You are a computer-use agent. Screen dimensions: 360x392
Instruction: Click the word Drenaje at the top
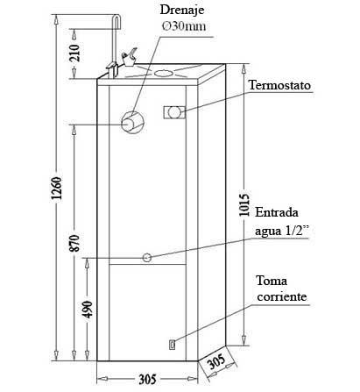click(182, 11)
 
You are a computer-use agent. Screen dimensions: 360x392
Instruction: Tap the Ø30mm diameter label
click(184, 26)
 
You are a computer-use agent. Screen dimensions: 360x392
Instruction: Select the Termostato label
click(279, 86)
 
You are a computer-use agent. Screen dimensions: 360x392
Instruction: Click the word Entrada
click(277, 212)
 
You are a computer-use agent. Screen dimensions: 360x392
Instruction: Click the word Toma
click(272, 281)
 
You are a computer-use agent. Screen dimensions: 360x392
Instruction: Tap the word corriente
click(282, 296)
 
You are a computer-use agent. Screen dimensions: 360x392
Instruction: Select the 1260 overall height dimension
click(56, 188)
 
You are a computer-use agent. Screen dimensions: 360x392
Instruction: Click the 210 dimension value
click(74, 53)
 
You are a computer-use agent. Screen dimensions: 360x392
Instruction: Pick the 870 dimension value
click(74, 243)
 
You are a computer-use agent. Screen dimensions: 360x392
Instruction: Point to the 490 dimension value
click(88, 309)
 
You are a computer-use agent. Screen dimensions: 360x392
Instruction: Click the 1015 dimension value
click(244, 204)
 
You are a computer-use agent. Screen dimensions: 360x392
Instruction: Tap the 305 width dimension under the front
click(147, 380)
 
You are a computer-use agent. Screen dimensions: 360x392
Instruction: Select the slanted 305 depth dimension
click(216, 361)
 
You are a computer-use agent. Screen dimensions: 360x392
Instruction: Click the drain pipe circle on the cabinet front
click(132, 123)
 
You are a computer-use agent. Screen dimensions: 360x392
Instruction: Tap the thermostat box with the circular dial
click(174, 112)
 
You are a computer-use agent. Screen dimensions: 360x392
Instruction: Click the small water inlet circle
click(147, 258)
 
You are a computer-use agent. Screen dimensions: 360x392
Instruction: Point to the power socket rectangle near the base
click(172, 345)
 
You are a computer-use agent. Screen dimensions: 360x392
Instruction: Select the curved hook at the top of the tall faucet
click(117, 21)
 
